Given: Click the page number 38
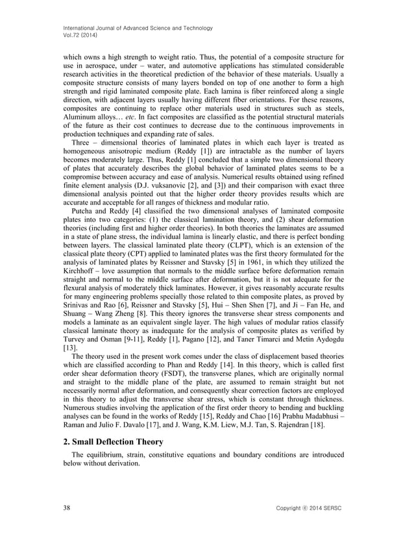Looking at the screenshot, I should point(67,505).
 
